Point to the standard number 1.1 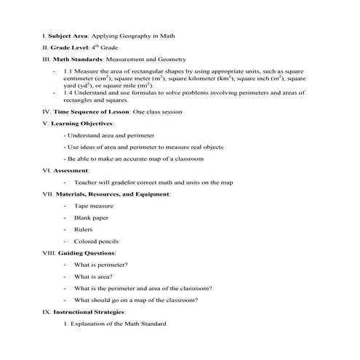click(x=68, y=71)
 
